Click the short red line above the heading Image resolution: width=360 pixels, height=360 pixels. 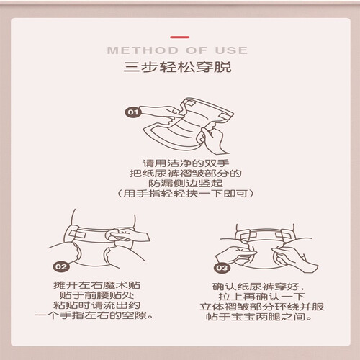click(x=180, y=37)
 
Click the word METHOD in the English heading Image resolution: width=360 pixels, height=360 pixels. click(x=143, y=50)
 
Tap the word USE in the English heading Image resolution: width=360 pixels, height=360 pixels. click(x=231, y=50)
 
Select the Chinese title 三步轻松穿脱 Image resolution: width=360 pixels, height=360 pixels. click(x=177, y=67)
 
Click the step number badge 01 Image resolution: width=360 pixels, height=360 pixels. click(x=133, y=112)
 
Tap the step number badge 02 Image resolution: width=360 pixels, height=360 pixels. click(x=61, y=266)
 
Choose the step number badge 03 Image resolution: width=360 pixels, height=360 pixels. click(x=222, y=268)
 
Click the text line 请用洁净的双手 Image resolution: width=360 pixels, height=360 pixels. click(x=186, y=163)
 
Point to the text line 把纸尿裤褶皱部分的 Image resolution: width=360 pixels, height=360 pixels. click(x=186, y=174)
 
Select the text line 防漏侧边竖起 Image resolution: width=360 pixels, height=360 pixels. click(x=186, y=184)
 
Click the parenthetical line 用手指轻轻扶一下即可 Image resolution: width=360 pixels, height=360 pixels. click(x=186, y=194)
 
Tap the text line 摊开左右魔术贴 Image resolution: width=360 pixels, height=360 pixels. click(x=97, y=285)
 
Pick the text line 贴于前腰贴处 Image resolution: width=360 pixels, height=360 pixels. click(x=97, y=295)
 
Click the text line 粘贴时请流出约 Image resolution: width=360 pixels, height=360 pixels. click(x=97, y=305)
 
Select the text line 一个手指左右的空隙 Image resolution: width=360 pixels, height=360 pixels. click(x=94, y=315)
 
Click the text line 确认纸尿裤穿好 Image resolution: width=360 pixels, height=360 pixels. click(x=258, y=287)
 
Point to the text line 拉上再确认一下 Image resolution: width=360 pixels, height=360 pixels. click(x=261, y=297)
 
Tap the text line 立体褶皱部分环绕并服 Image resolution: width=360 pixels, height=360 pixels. click(x=262, y=307)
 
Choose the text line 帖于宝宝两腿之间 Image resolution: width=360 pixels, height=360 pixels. click(x=259, y=317)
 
